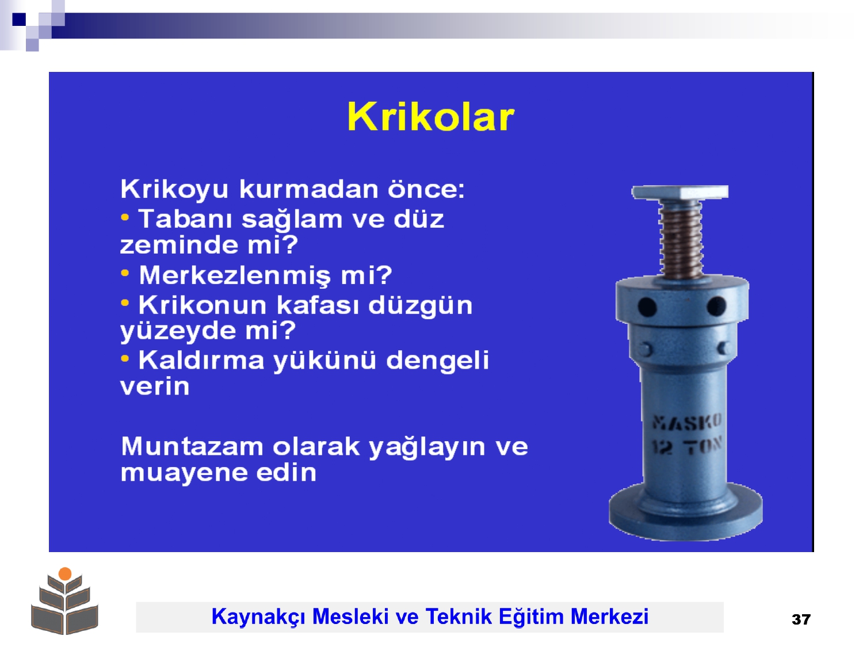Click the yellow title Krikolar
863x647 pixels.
coord(431,117)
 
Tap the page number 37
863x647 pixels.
coord(801,619)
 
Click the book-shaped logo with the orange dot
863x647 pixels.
coord(64,600)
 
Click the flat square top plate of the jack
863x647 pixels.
coord(680,192)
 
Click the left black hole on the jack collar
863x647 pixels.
coord(647,307)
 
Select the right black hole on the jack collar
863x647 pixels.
coord(716,306)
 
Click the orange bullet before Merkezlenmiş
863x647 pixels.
coord(125,273)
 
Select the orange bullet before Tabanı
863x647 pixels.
coord(125,217)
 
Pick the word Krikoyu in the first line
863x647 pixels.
coord(174,189)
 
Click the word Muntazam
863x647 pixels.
coord(192,446)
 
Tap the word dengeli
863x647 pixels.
coord(438,360)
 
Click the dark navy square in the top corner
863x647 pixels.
coord(19,19)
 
